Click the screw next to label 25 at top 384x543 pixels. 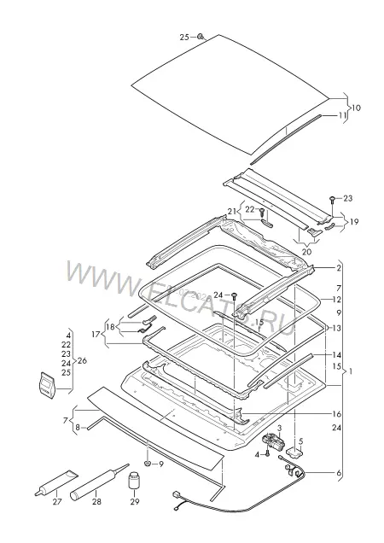tap(201, 37)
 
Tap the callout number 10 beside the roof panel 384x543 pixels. tap(356, 108)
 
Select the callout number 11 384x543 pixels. tap(342, 115)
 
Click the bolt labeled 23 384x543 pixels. tap(332, 200)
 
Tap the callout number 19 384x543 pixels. tap(354, 221)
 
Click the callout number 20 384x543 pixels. tap(307, 252)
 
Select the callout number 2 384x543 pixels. tap(339, 268)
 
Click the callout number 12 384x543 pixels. tap(336, 300)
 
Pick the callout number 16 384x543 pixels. tap(336, 414)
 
